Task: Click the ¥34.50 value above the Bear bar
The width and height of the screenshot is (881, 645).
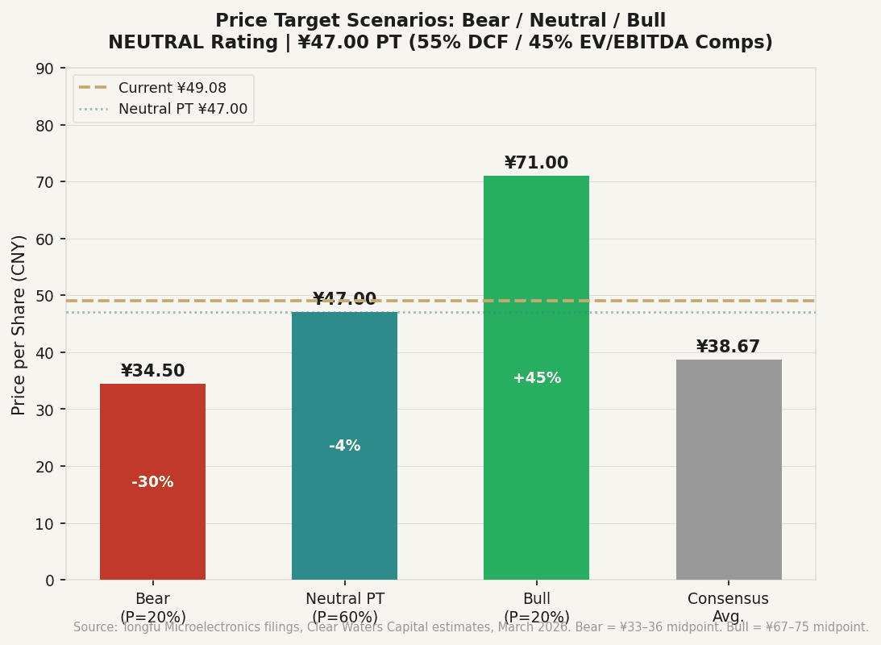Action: pyautogui.click(x=152, y=371)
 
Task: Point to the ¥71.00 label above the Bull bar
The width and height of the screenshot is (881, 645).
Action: pyautogui.click(x=536, y=163)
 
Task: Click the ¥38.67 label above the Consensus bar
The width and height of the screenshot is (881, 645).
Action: pyautogui.click(x=728, y=347)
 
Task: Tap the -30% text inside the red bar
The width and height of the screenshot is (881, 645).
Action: pyautogui.click(x=152, y=482)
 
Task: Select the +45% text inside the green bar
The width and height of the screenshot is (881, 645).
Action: pyautogui.click(x=537, y=378)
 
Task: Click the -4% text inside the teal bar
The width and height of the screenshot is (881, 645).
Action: pyautogui.click(x=344, y=446)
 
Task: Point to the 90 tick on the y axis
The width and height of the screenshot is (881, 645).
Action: pyautogui.click(x=46, y=69)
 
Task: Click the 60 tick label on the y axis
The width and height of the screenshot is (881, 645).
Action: pyautogui.click(x=46, y=239)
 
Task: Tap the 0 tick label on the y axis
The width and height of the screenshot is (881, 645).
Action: pyautogui.click(x=50, y=580)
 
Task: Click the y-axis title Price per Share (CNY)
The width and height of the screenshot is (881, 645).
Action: pyautogui.click(x=19, y=324)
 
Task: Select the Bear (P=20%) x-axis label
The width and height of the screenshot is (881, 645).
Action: pyautogui.click(x=152, y=608)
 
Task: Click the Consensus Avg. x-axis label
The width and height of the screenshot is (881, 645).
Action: pyautogui.click(x=728, y=608)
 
